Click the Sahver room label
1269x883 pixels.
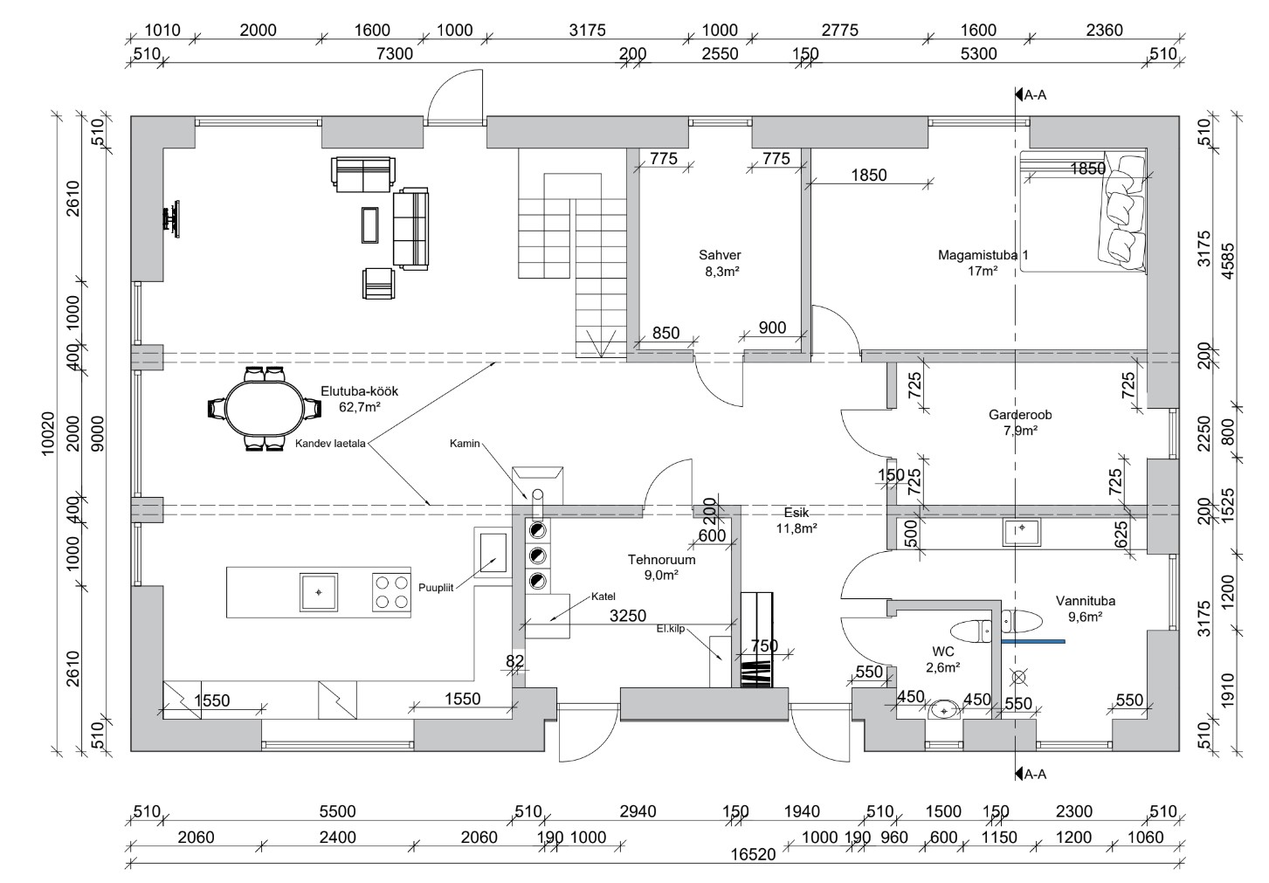click(720, 255)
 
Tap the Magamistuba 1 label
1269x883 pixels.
click(983, 255)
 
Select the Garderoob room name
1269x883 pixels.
click(1020, 415)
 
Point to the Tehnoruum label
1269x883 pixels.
click(661, 560)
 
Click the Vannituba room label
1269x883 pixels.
click(1086, 601)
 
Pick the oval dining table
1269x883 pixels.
click(265, 408)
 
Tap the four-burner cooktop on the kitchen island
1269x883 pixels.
click(391, 592)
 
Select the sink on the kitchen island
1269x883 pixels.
click(319, 592)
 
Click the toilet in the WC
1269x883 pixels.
click(970, 631)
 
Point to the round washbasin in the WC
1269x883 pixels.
click(944, 709)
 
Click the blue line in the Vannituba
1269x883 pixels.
click(1033, 641)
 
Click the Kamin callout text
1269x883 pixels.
click(465, 444)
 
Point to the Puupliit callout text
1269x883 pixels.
click(436, 588)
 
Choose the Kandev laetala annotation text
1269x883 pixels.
click(330, 444)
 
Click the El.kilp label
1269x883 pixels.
click(672, 629)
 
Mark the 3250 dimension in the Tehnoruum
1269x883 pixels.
click(628, 616)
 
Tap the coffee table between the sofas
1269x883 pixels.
click(370, 224)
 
